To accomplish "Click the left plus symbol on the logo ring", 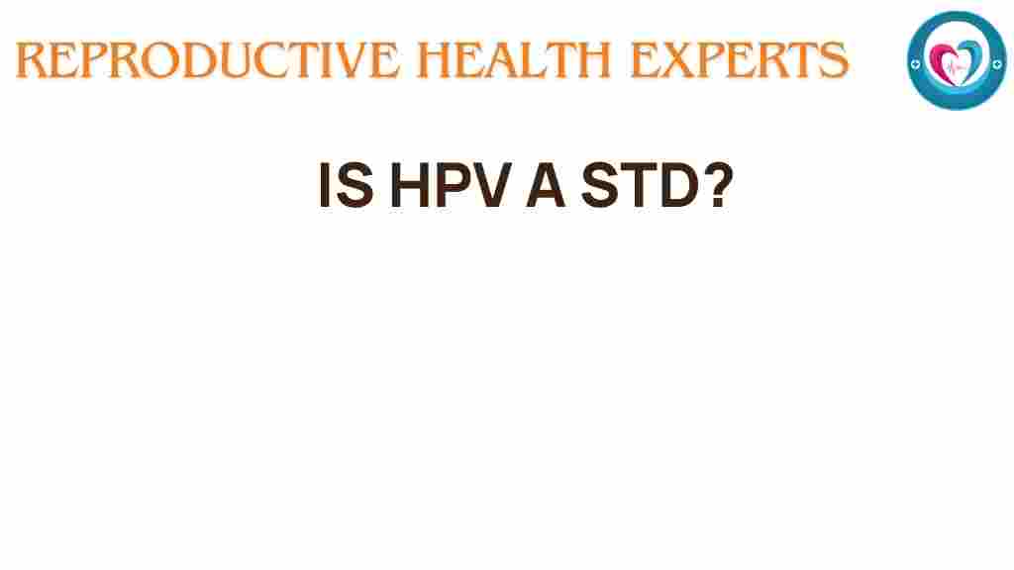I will [x=918, y=61].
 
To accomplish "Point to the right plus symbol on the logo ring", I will [x=994, y=61].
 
